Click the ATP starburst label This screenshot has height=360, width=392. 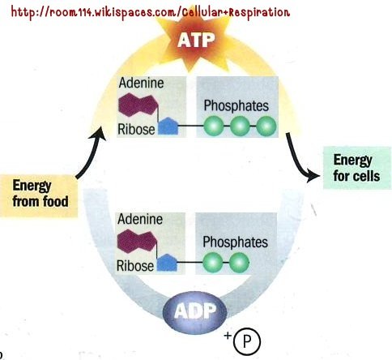[196, 41]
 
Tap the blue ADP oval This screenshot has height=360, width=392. [194, 312]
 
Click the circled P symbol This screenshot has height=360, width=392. [247, 341]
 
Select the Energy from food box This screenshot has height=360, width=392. [39, 196]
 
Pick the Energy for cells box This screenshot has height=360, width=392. [357, 168]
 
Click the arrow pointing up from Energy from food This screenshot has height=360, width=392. [92, 152]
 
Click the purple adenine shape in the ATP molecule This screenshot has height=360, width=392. [138, 105]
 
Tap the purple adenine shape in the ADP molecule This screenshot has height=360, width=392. [137, 241]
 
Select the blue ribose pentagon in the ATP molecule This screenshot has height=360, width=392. [168, 126]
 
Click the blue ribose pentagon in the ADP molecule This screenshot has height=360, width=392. [167, 263]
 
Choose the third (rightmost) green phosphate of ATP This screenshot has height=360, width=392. [266, 126]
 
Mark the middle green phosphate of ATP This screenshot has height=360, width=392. [240, 126]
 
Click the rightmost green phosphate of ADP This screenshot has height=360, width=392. [239, 263]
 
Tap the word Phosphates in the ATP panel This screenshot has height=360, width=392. [236, 105]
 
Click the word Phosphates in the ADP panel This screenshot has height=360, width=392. [235, 242]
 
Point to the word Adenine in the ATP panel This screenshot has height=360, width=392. [141, 83]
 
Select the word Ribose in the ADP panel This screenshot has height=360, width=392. [135, 266]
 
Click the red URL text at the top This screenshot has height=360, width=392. [151, 12]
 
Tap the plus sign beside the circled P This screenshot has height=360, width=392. [228, 336]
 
